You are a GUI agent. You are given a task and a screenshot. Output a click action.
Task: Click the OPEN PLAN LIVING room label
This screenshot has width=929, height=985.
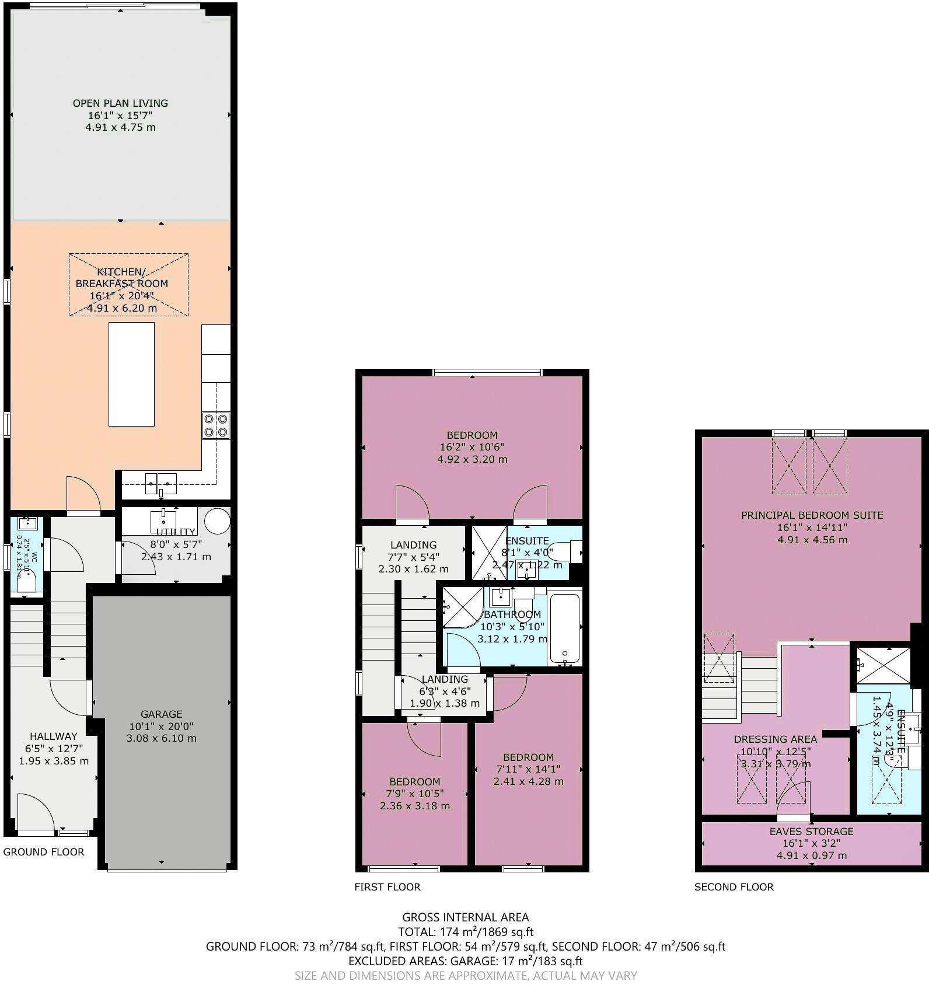coord(120,103)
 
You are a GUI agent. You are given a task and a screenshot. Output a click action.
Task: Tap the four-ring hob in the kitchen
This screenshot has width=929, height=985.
coord(215,425)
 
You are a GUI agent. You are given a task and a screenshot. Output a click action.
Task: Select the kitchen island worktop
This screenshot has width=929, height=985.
coord(132,374)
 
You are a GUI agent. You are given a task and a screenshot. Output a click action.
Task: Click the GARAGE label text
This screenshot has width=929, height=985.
coord(161,714)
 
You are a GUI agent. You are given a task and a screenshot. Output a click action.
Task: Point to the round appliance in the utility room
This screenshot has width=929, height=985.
coord(217,521)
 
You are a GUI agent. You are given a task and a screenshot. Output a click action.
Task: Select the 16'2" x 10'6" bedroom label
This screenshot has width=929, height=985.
coord(472,435)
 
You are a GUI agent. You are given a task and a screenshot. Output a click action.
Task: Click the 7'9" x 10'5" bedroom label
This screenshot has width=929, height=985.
coord(415,781)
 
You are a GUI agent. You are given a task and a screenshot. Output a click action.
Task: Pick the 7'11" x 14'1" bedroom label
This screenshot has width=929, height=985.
coord(528,757)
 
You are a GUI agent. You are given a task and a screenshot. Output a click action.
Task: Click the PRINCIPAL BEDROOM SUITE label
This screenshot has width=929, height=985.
coord(812,515)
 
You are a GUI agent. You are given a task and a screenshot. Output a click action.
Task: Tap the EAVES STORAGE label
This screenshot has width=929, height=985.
coord(811,831)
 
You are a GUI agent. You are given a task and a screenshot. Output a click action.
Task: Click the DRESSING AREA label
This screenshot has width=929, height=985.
coord(775,739)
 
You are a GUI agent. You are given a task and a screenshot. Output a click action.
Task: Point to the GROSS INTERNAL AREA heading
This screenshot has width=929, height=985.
coord(465,917)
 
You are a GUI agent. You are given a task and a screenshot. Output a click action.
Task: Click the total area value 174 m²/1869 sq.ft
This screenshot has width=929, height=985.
coord(465,932)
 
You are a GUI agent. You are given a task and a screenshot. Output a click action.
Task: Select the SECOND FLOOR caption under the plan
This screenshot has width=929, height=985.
coord(734,887)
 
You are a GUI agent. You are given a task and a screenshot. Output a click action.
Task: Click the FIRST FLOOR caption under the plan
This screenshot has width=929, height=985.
coord(387,887)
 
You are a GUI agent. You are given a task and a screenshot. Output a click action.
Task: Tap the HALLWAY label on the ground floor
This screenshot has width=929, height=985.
coord(54,736)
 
